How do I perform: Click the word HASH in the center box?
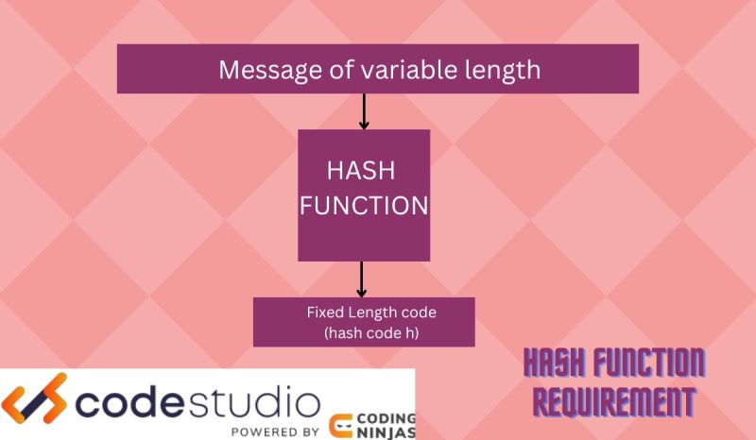360,171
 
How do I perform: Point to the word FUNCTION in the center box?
364,205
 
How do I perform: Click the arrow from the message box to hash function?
364,111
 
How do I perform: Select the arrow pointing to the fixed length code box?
361,279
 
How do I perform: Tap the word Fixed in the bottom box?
323,313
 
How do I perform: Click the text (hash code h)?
364,332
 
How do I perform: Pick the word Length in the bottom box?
371,313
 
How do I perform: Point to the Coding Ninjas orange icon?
342,427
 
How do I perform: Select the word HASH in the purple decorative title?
558,363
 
